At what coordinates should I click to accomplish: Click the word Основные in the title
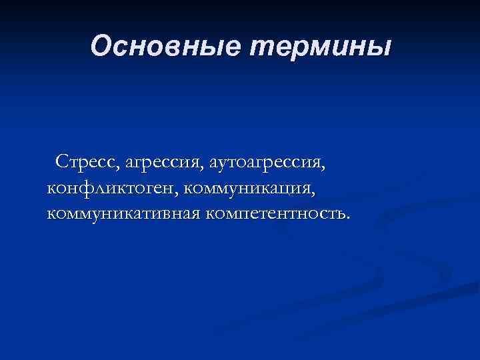(167, 46)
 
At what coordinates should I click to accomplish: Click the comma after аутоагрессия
(327, 167)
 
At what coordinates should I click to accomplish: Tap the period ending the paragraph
(346, 218)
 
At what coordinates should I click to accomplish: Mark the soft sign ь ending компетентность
(339, 215)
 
